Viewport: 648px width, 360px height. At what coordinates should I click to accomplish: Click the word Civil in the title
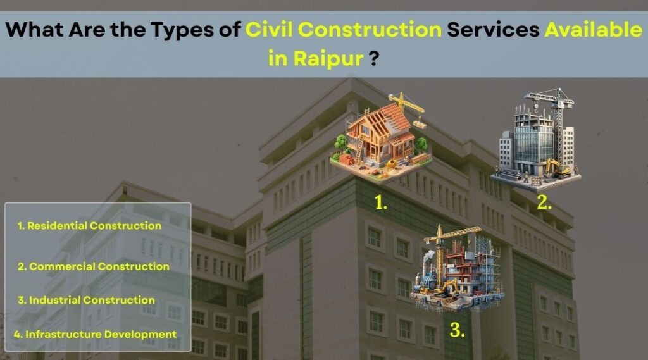tap(268, 30)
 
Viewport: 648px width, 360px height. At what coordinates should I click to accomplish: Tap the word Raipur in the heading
tap(329, 58)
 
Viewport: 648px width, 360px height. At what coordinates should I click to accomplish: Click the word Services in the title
tap(493, 30)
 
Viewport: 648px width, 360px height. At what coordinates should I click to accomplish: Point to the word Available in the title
tap(594, 30)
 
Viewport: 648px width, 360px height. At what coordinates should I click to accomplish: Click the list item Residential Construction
tap(89, 226)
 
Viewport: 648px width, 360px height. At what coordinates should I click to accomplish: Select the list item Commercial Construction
tap(94, 266)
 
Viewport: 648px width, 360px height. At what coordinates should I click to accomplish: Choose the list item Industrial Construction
tap(86, 300)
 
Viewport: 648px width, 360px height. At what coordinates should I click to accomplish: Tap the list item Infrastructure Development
tap(95, 334)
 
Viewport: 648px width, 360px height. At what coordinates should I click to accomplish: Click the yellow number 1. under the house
tap(380, 202)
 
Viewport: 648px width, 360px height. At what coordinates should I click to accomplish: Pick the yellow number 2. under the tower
tap(544, 202)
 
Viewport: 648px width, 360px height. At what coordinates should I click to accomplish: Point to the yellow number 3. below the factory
tap(457, 330)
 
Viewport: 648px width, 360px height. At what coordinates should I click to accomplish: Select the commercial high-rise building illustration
tap(535, 140)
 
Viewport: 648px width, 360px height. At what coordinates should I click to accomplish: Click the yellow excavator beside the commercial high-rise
tap(558, 168)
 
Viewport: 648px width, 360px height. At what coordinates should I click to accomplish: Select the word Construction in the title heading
tap(370, 30)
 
